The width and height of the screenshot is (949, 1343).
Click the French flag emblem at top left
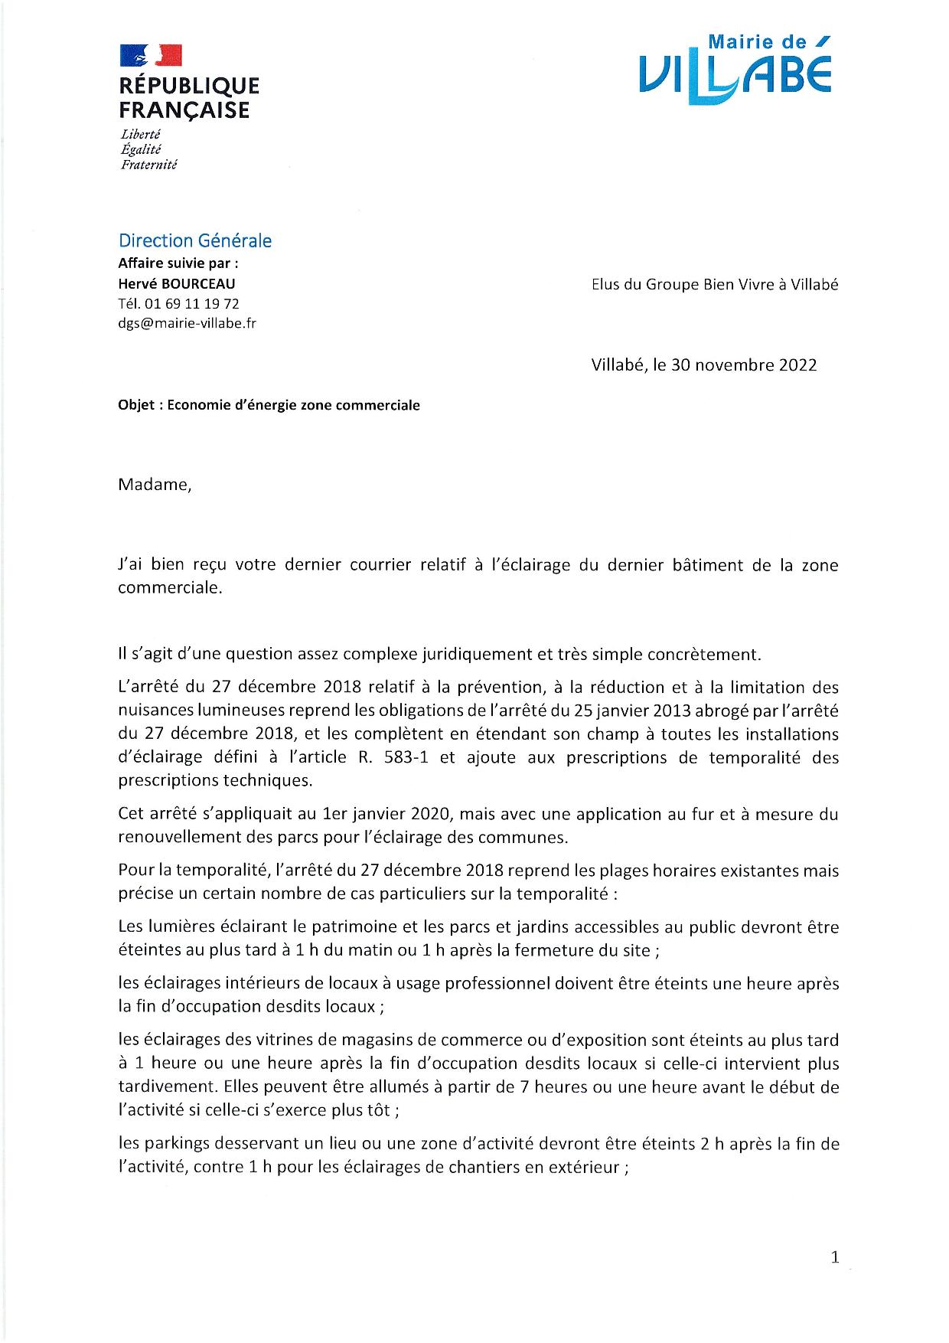pos(151,55)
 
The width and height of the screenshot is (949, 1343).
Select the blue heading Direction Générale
pos(195,240)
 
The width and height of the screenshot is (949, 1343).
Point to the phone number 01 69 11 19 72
pos(189,304)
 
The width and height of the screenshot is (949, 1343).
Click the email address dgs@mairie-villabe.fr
pos(187,323)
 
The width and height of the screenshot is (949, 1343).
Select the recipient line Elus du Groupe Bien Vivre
pos(714,284)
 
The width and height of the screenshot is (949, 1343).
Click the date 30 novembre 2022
pos(744,364)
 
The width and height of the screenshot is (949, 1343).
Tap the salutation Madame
pos(154,485)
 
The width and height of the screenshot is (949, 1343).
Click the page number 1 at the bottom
pos(835,1256)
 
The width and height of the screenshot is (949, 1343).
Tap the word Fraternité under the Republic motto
pos(148,165)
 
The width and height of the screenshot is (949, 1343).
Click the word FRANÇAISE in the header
pos(184,110)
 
